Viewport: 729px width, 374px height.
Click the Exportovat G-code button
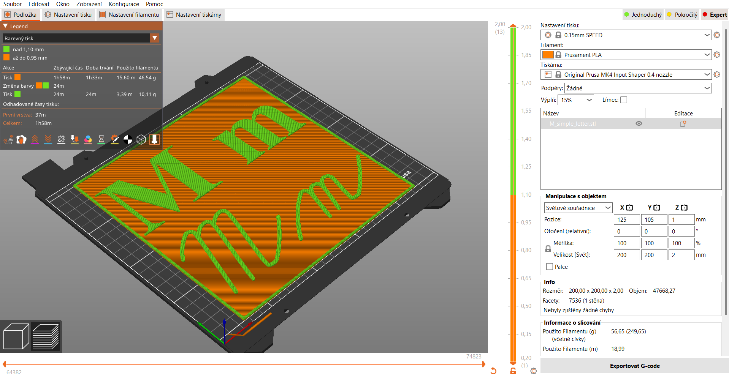tap(634, 366)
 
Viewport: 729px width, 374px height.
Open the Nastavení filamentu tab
tap(129, 15)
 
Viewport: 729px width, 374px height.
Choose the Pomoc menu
tap(154, 4)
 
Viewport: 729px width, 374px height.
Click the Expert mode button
tap(715, 15)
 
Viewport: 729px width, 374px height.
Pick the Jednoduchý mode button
tap(643, 15)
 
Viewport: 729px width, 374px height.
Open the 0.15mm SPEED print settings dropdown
tap(626, 35)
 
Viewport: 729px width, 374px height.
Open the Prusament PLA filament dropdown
tap(626, 55)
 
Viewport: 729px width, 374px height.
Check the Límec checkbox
tap(624, 100)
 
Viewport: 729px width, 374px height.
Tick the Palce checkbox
tap(549, 267)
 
